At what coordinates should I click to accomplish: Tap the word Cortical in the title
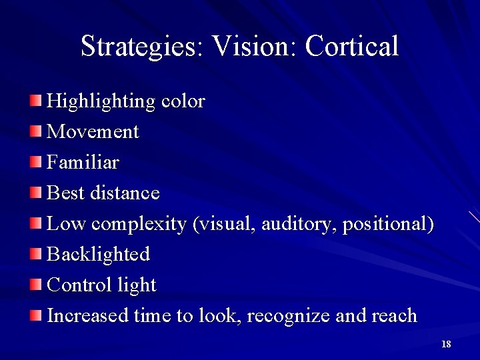[352, 47]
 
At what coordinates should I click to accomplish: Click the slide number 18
[446, 344]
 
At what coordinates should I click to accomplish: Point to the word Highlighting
[101, 102]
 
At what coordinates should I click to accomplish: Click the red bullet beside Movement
[35, 131]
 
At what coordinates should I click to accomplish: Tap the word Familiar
[83, 162]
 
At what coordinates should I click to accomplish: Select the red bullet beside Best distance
[35, 193]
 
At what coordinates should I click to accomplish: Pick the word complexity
[138, 224]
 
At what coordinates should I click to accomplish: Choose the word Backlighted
[99, 254]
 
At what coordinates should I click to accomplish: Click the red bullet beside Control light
[35, 285]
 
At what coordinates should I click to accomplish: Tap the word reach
[395, 315]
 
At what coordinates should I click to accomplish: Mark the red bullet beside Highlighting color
[35, 101]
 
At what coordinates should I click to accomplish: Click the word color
[183, 102]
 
